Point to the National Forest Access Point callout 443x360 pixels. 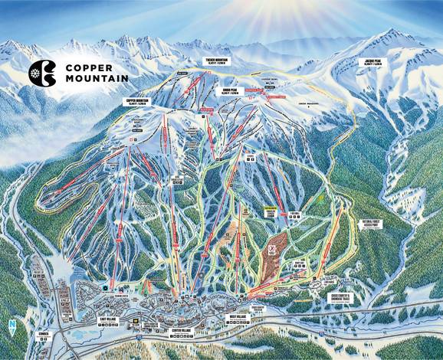tap(353, 225)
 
